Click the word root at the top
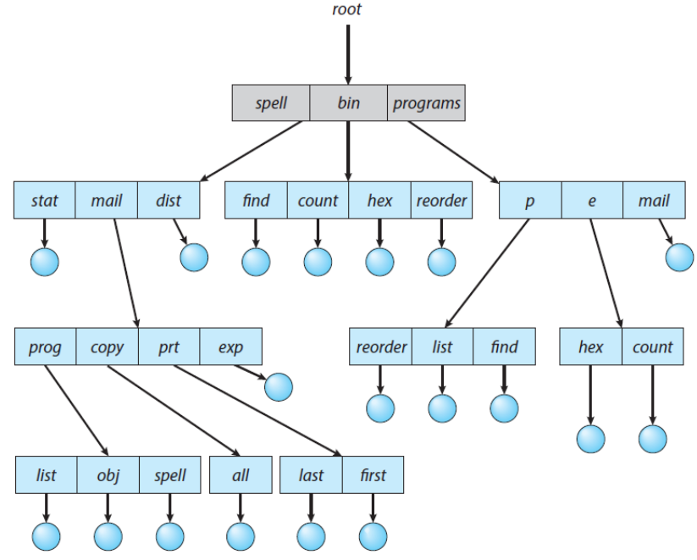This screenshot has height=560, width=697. [x=347, y=11]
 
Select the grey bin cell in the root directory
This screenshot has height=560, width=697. [x=348, y=104]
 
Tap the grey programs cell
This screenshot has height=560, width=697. [x=426, y=104]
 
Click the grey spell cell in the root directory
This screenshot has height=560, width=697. [x=272, y=104]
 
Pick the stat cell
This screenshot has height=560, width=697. [x=45, y=201]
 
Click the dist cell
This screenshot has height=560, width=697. [x=169, y=201]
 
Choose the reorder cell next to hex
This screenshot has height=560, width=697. [x=440, y=201]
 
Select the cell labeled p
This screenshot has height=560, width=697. [x=529, y=201]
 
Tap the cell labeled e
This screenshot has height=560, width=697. [x=591, y=201]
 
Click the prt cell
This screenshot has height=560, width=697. [x=169, y=347]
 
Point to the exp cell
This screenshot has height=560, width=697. [x=230, y=347]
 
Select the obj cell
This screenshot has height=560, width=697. [x=108, y=475]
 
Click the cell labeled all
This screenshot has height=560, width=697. [x=240, y=475]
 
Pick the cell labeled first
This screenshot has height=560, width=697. [x=373, y=475]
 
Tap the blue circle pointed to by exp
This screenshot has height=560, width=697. [x=279, y=386]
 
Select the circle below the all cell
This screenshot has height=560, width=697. [x=240, y=535]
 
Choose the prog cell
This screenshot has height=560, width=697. [x=45, y=347]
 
